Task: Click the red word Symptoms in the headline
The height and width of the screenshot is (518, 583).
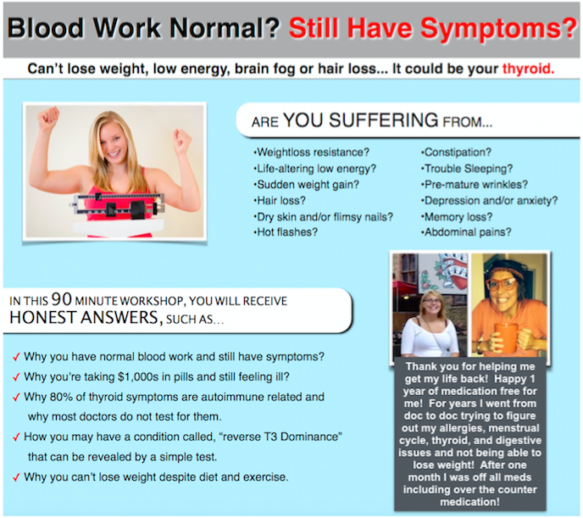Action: point(498,30)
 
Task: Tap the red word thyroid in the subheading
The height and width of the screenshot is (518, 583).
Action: point(529,69)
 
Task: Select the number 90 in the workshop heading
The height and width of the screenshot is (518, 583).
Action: point(61,299)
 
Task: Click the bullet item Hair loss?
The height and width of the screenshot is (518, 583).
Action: point(280,201)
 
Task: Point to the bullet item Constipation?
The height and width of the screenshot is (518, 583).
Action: point(456,152)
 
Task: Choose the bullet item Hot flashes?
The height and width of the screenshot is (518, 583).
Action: point(286,232)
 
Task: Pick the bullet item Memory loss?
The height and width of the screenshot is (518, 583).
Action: point(457,217)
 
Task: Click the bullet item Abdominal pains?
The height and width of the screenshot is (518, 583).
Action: point(466,232)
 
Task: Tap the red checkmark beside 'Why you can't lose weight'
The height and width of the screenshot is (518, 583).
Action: point(16,477)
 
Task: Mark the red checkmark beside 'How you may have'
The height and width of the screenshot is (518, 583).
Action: point(16,437)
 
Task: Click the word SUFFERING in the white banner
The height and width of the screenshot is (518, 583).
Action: point(383,120)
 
